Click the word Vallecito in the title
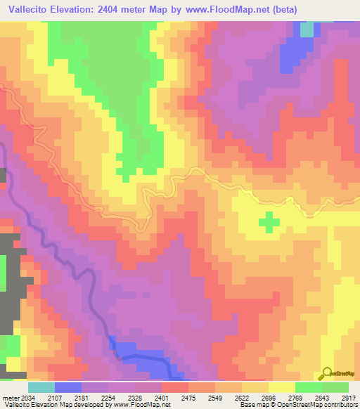[x=32, y=10]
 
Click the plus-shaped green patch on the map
[x=269, y=222]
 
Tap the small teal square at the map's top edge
[x=307, y=30]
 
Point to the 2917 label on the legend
[x=348, y=397]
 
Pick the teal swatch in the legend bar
[x=41, y=387]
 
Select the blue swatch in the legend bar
[x=68, y=387]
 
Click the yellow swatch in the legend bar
[x=282, y=387]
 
